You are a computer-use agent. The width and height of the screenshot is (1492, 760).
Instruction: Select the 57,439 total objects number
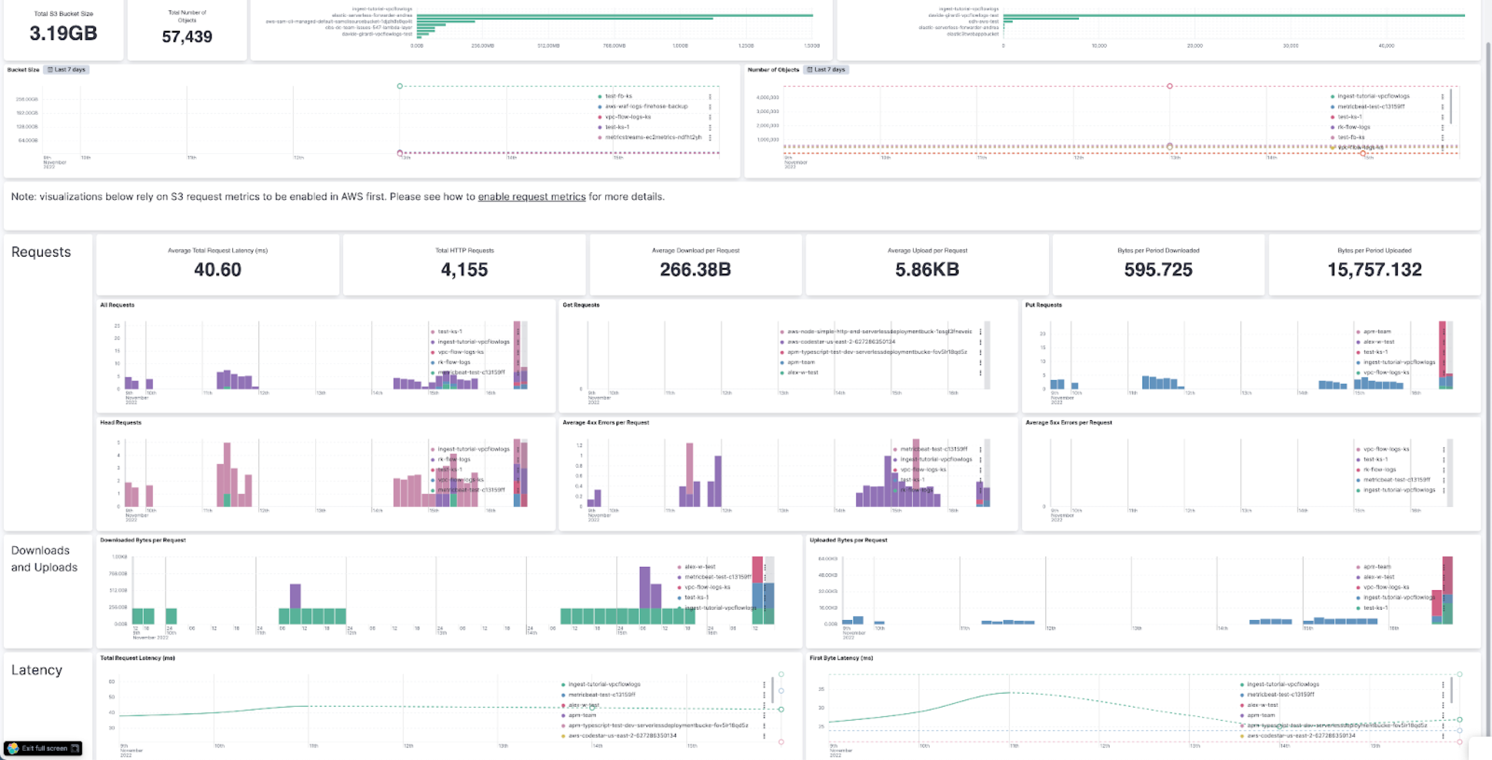pyautogui.click(x=186, y=36)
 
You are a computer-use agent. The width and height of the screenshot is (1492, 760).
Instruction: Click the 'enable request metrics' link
pyautogui.click(x=531, y=197)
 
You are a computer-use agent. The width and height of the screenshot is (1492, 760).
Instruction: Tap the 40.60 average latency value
pyautogui.click(x=217, y=269)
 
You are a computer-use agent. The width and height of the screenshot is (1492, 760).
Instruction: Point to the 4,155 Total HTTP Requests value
pyautogui.click(x=464, y=269)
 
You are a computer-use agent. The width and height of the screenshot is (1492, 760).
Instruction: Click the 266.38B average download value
pyautogui.click(x=695, y=269)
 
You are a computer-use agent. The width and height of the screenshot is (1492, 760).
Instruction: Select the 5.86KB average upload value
pyautogui.click(x=927, y=269)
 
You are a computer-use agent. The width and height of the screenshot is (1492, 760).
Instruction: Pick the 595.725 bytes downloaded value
pyautogui.click(x=1158, y=269)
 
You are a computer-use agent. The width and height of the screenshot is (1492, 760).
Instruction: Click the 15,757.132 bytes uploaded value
pyautogui.click(x=1374, y=269)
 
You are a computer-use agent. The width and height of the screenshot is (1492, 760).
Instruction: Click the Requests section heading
pyautogui.click(x=41, y=252)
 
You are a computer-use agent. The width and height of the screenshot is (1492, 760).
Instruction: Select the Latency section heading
pyautogui.click(x=36, y=670)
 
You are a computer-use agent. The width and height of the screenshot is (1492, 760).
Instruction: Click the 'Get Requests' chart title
pyautogui.click(x=581, y=305)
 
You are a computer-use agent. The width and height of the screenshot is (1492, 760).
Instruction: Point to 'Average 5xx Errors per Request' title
pyautogui.click(x=1068, y=422)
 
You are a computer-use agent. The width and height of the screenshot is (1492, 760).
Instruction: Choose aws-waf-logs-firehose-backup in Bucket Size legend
pyautogui.click(x=646, y=106)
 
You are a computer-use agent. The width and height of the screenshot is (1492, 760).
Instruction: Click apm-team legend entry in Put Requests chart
pyautogui.click(x=1376, y=331)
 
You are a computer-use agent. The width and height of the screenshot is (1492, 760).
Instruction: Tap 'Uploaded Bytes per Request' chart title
pyautogui.click(x=848, y=540)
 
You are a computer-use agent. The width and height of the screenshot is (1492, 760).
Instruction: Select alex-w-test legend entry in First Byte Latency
pyautogui.click(x=1262, y=705)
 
